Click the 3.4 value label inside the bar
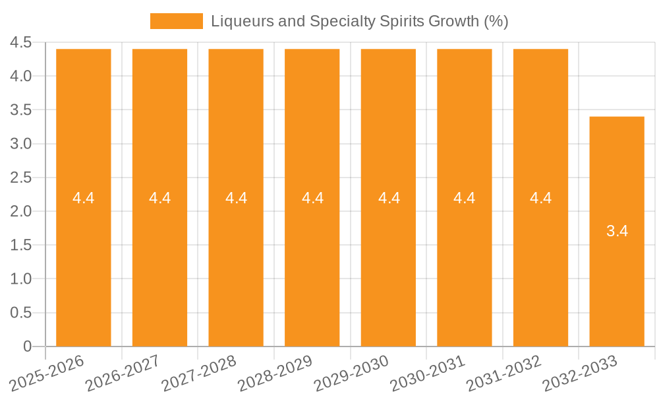click(x=617, y=231)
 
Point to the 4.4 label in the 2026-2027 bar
click(x=160, y=198)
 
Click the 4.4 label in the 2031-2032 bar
click(x=540, y=198)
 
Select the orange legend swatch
click(x=176, y=21)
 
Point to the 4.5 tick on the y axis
click(x=21, y=43)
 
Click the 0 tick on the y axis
click(x=27, y=346)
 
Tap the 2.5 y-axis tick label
click(x=21, y=178)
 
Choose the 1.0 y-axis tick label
click(x=21, y=279)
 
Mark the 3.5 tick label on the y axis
click(x=21, y=110)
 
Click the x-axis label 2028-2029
click(x=275, y=373)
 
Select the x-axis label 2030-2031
click(x=428, y=373)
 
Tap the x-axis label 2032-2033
click(x=579, y=373)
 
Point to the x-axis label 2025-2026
click(x=47, y=373)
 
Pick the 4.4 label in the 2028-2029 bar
click(x=312, y=198)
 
